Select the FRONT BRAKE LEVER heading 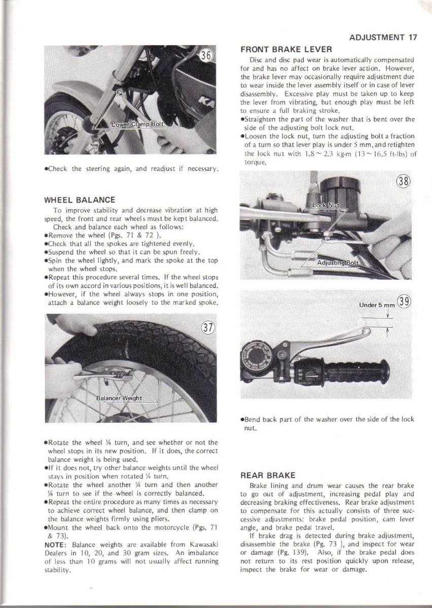click(286, 50)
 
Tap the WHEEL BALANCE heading click(80, 200)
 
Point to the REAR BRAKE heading click(268, 475)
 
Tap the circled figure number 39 click(405, 302)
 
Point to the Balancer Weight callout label click(119, 398)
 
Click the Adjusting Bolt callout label click(337, 262)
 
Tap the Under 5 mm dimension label click(376, 305)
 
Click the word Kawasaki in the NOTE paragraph click(203, 545)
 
